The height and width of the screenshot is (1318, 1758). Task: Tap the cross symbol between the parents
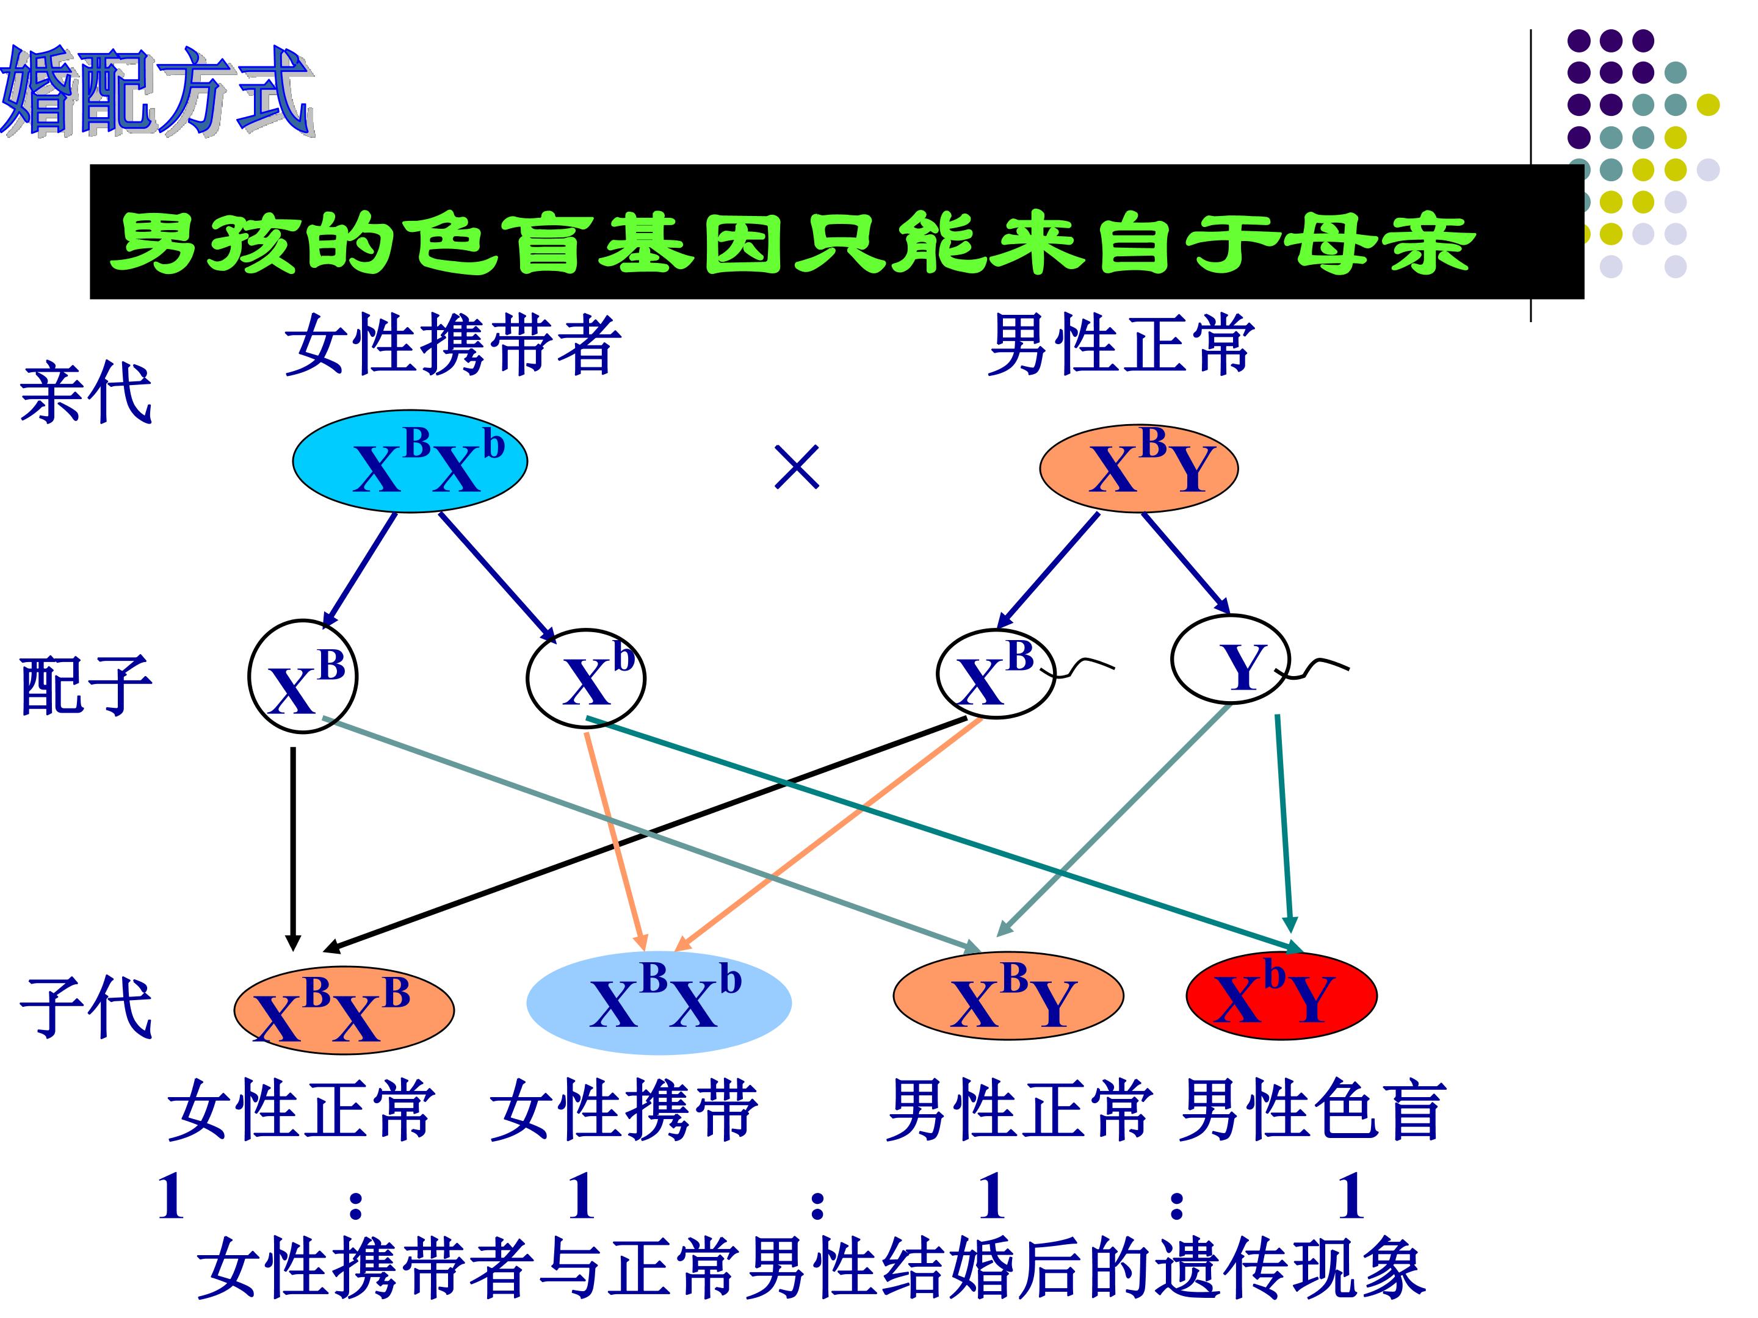797,467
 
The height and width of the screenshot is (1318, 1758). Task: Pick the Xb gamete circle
586,678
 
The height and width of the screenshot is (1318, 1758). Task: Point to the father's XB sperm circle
996,674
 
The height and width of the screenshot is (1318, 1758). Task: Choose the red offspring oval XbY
1281,995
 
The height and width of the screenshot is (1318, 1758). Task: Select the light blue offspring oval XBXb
659,1003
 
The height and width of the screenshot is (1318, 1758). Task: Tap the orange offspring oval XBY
1008,995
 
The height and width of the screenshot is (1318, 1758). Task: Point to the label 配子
86,685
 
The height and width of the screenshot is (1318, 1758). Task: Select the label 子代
86,1007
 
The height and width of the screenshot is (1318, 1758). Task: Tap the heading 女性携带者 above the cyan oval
452,344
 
